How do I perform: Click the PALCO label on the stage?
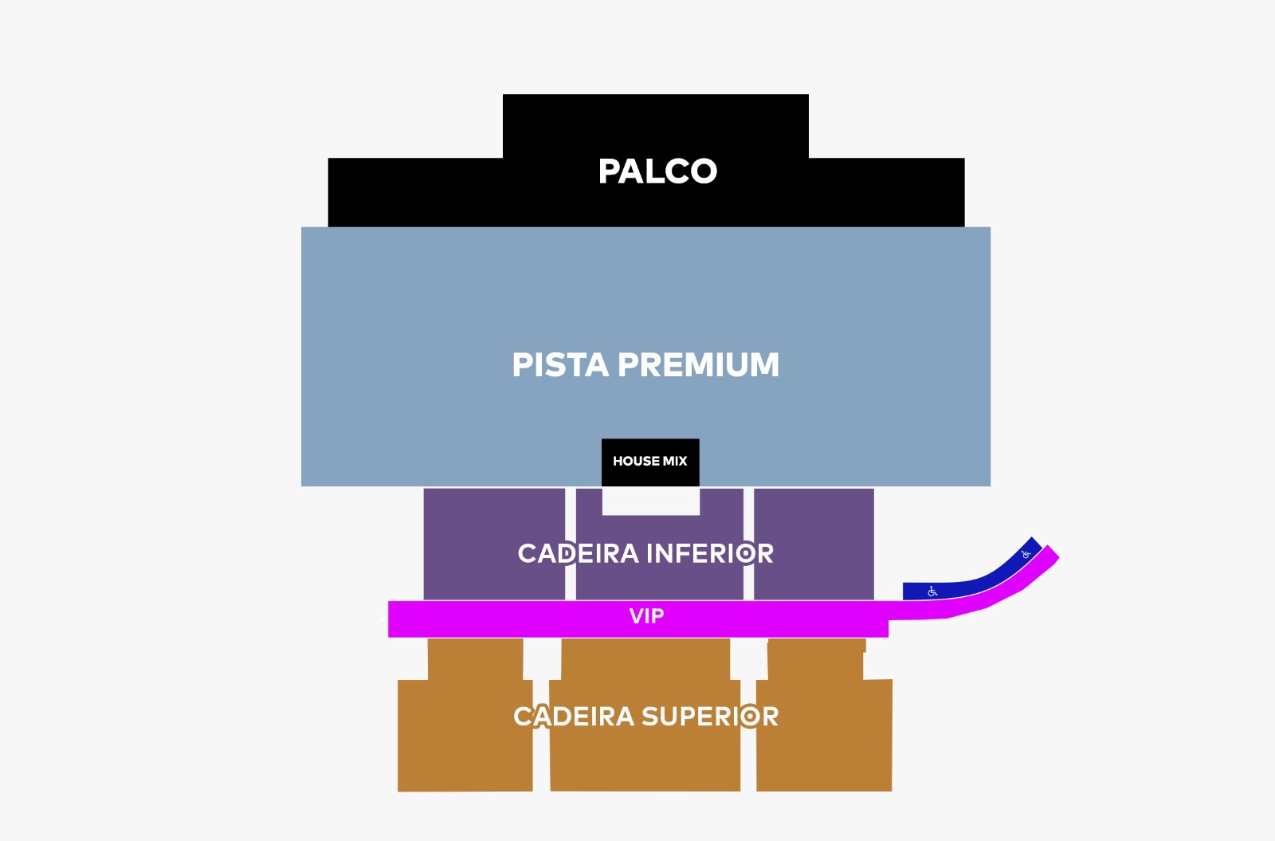pos(657,171)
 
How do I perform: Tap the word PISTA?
pos(559,365)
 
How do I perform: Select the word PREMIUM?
pos(698,365)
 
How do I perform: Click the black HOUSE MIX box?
pos(650,462)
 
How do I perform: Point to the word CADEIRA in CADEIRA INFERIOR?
pos(578,553)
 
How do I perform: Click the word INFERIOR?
pos(709,553)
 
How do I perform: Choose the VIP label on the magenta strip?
pos(646,616)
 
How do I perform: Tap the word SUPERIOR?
pos(710,717)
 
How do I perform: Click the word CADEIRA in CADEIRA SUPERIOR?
pos(574,717)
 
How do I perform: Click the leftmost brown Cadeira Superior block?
pos(465,749)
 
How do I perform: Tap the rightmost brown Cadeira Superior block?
pos(824,749)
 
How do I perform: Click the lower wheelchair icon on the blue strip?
pos(932,591)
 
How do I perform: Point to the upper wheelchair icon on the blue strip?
pos(1026,554)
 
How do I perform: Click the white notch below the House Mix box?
pos(651,501)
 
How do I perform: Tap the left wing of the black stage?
pos(414,192)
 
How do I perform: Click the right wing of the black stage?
pos(886,192)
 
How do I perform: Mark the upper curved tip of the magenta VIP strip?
pos(1050,554)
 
